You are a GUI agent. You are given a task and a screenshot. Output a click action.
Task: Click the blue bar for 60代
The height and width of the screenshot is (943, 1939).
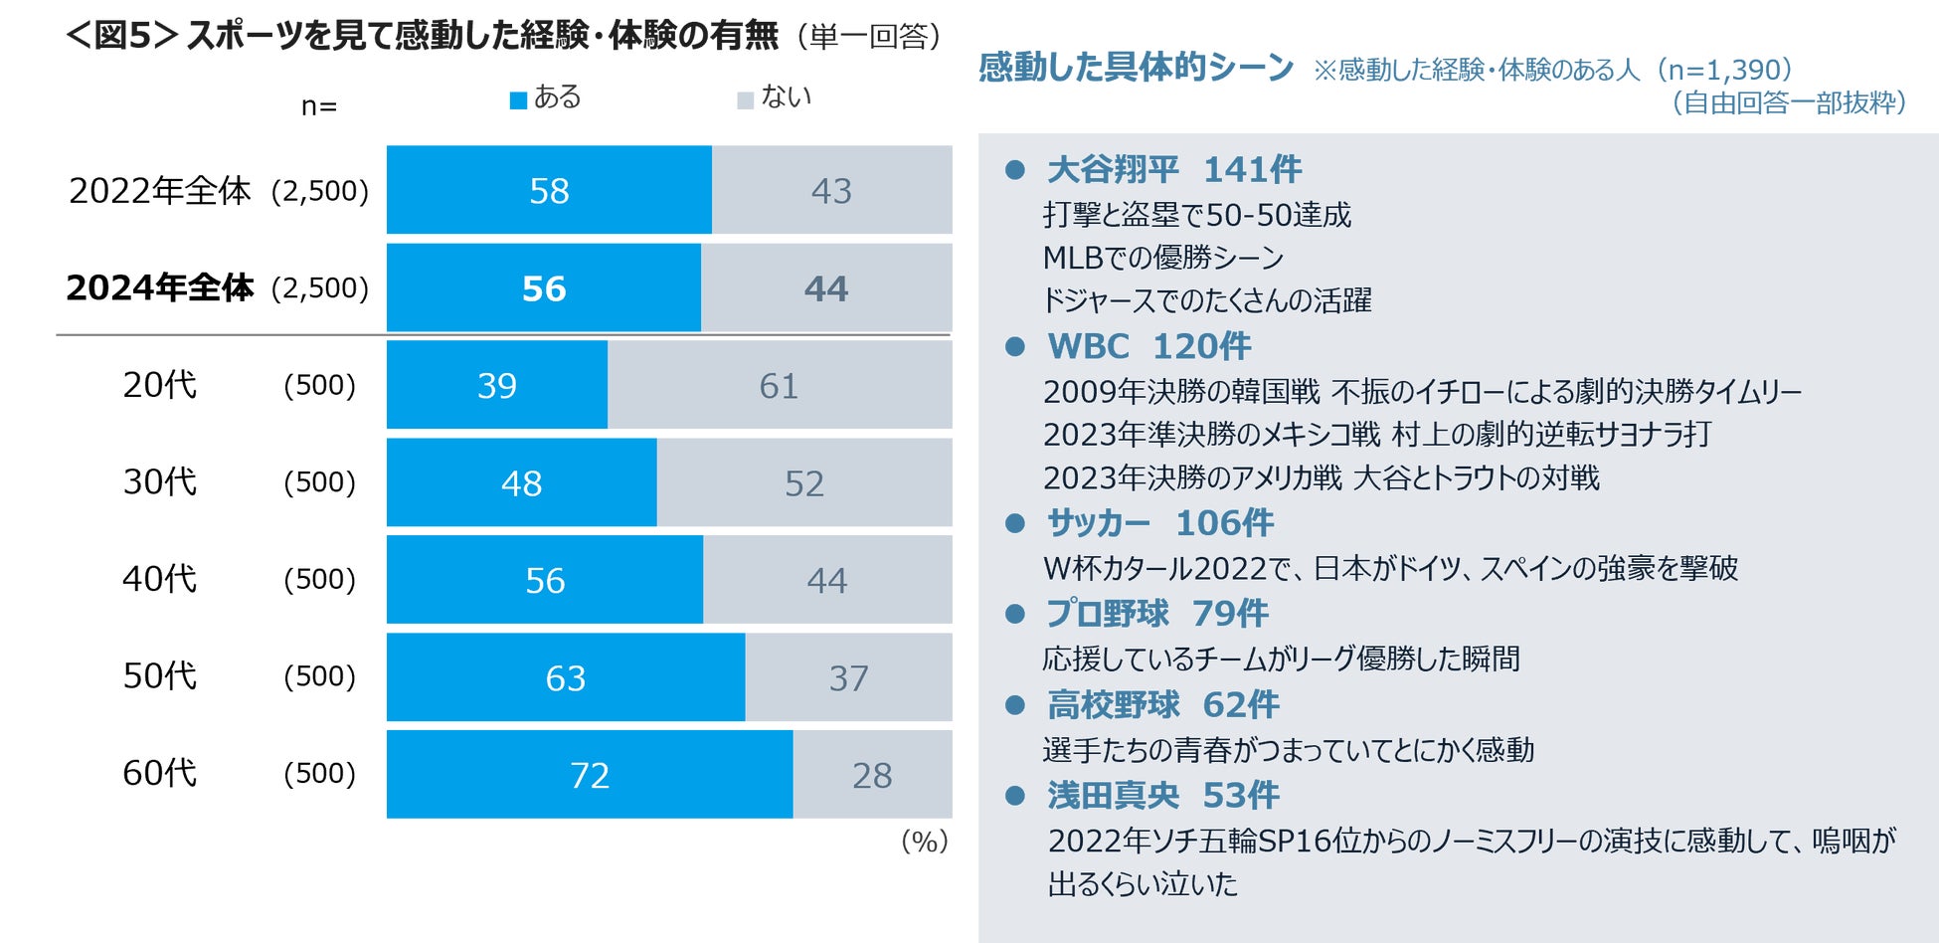[x=590, y=774]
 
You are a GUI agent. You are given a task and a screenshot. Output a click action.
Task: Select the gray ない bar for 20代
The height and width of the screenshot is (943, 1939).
[x=779, y=385]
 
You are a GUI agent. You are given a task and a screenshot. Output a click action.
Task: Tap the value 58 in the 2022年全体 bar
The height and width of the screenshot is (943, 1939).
[x=549, y=190]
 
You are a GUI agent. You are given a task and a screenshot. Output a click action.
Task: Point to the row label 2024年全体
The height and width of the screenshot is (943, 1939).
[x=160, y=287]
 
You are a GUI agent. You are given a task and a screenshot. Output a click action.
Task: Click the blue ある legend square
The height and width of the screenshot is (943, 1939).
[x=518, y=100]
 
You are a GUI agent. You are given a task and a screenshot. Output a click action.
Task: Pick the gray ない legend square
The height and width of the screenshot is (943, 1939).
[x=745, y=100]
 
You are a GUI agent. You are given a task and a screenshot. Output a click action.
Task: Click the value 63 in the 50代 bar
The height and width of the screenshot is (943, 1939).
[x=565, y=677]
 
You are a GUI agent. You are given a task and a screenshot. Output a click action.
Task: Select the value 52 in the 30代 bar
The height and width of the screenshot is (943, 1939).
[x=803, y=483]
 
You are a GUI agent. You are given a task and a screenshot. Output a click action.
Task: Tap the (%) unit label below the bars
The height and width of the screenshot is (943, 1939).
[x=924, y=842]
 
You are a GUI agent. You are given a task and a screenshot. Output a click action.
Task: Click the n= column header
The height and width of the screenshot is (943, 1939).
[x=319, y=106]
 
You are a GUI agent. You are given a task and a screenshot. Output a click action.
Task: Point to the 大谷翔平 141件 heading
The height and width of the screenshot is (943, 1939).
[x=1173, y=169]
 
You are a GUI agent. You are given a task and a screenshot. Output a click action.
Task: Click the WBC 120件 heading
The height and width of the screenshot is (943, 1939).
[x=1148, y=346]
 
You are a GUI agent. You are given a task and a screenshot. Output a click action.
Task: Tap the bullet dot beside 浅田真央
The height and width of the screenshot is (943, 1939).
[x=1015, y=795]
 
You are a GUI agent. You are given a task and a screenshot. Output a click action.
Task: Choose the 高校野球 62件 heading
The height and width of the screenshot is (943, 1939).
[x=1162, y=704]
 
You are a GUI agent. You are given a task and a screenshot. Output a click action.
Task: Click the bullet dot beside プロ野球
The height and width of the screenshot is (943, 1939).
[x=1015, y=614]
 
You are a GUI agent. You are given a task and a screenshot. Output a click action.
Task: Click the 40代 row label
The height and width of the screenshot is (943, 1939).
[x=159, y=579]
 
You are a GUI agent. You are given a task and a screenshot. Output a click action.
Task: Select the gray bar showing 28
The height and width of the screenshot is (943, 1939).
[x=872, y=774]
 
